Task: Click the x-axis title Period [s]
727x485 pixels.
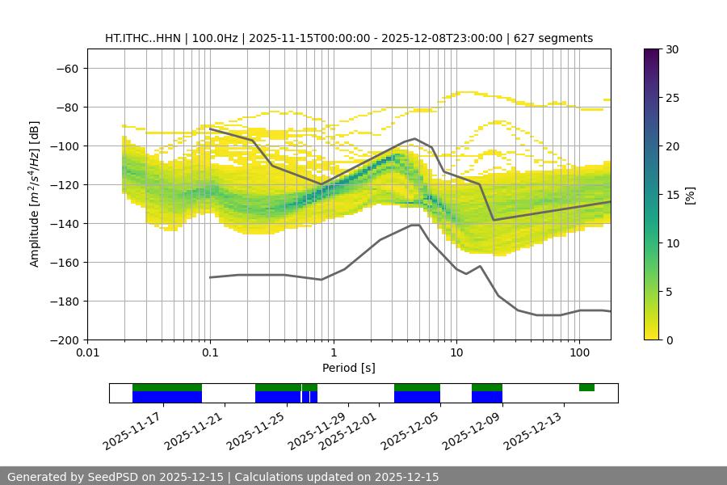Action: click(348, 368)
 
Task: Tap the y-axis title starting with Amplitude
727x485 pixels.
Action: click(35, 195)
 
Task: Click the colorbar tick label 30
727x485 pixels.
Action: click(672, 49)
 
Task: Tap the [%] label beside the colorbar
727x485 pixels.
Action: click(689, 195)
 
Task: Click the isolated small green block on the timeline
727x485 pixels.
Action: click(586, 388)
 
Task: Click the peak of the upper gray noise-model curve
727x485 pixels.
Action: click(414, 138)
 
